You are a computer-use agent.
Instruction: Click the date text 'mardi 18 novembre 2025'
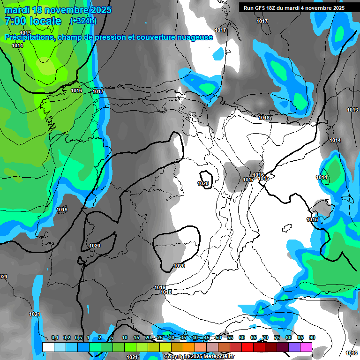click(58, 10)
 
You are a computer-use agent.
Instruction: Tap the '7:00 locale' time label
click(33, 21)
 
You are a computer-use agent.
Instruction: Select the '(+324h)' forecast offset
click(83, 21)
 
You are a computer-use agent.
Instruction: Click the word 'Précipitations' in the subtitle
click(29, 37)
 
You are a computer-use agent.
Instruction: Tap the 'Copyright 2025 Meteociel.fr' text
click(199, 357)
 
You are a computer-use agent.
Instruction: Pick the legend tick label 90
click(312, 337)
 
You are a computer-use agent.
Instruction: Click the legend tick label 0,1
click(55, 337)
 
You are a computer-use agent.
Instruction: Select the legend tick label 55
click(230, 337)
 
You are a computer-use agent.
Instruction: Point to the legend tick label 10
click(125, 337)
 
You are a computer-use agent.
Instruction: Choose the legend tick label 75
click(277, 337)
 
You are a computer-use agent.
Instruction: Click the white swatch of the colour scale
click(48, 347)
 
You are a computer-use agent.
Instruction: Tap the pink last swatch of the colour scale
click(306, 347)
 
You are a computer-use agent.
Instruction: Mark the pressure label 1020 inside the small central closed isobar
click(203, 183)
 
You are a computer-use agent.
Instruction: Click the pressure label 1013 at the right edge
click(352, 110)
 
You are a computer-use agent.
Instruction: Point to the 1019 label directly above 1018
click(160, 287)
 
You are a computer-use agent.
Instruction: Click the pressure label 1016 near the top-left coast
click(76, 90)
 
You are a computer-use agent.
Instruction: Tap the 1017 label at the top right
click(262, 22)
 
